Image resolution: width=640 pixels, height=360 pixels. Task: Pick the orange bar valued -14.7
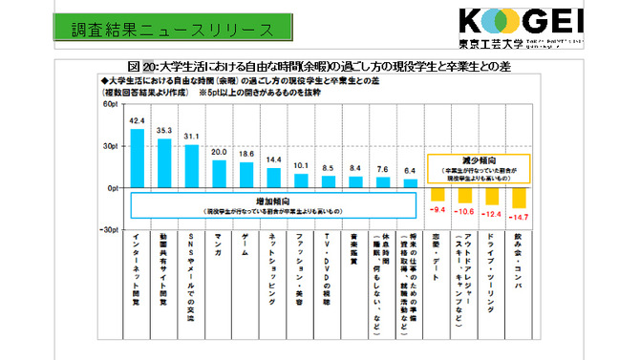(x=519, y=198)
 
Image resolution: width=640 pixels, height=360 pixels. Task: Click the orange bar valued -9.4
(x=437, y=194)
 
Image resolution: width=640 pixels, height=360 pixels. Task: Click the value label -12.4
(x=491, y=213)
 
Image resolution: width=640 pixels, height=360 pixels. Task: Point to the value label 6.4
(x=410, y=171)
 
